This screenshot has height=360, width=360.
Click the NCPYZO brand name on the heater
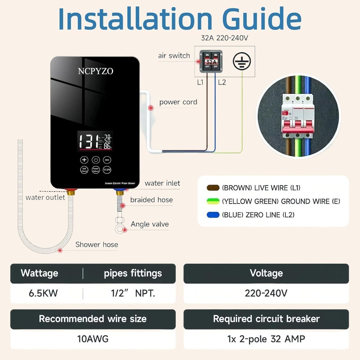click(x=95, y=71)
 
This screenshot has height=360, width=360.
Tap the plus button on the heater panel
click(x=84, y=160)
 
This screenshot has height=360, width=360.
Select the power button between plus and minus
click(x=96, y=160)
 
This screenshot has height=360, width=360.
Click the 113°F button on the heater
click(x=107, y=170)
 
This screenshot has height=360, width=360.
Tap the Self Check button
click(x=84, y=170)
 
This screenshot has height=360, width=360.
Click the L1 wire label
click(x=200, y=82)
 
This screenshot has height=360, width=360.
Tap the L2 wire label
click(x=222, y=82)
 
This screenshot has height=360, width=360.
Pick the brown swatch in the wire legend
click(x=213, y=188)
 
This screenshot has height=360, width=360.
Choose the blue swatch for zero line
click(x=213, y=215)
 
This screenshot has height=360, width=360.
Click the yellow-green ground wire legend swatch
click(x=213, y=201)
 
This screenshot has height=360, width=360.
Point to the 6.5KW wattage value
click(x=43, y=293)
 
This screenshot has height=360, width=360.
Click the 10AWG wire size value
click(x=93, y=339)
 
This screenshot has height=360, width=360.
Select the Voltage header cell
click(x=266, y=273)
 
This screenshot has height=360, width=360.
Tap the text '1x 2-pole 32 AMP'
click(x=266, y=339)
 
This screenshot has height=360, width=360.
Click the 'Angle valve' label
click(x=150, y=224)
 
